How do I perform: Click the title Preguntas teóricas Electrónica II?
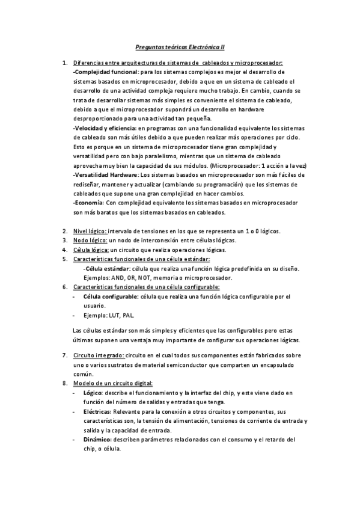pos(180,45)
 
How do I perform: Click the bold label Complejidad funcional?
pos(102,72)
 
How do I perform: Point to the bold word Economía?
pos(88,203)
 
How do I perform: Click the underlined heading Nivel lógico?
pos(90,231)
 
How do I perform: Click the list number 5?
pos(65,259)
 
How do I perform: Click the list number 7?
pos(65,355)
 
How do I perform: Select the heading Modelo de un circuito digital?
pos(113,383)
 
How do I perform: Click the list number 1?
pos(65,63)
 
